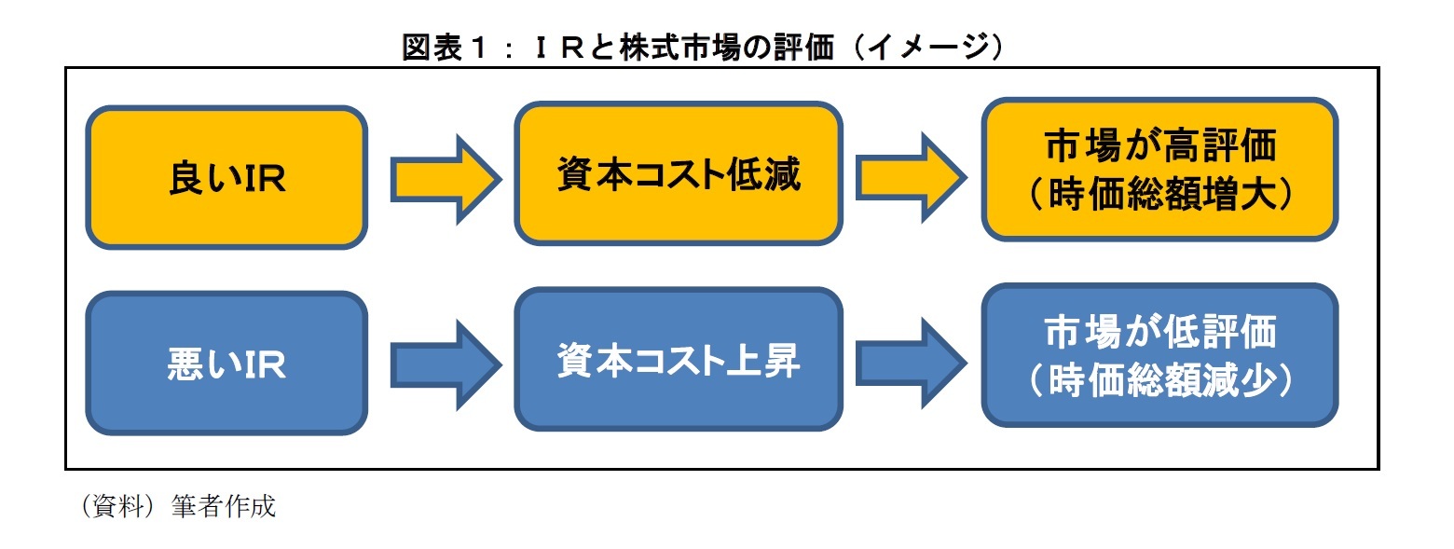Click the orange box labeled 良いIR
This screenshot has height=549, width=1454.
[x=226, y=177]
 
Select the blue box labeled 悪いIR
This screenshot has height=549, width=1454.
[x=226, y=363]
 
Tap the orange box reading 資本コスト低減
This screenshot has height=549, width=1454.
[x=679, y=174]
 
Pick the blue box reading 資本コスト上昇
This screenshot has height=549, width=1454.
[x=679, y=360]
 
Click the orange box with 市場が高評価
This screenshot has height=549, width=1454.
[x=1159, y=172]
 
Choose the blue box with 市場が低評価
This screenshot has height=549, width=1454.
[x=1159, y=355]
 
